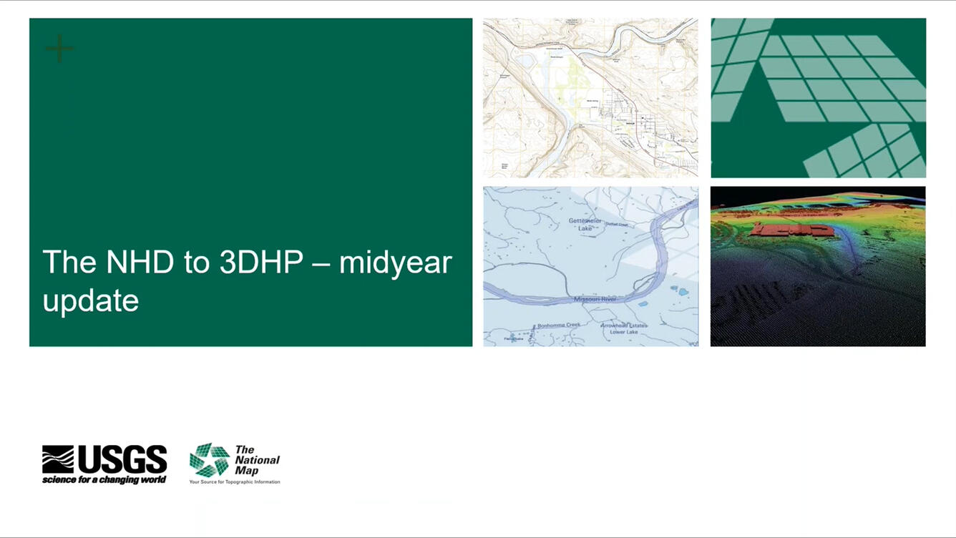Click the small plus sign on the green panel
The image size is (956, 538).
pos(59,49)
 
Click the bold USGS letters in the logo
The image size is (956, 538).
pos(122,459)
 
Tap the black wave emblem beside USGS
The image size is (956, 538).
pos(58,459)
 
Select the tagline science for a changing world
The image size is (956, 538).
pos(104,479)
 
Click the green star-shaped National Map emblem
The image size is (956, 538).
pos(209,460)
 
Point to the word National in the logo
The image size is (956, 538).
pos(258,460)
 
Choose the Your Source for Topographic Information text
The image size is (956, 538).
pos(235,482)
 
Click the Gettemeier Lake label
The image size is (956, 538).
pos(585,224)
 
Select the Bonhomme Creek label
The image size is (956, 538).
pos(559,325)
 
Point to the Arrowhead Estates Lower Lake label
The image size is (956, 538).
pos(624,328)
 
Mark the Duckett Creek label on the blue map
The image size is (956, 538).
pos(616,224)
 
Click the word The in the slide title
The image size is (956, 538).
pos(69,263)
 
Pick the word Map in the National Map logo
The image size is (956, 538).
pos(246,471)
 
